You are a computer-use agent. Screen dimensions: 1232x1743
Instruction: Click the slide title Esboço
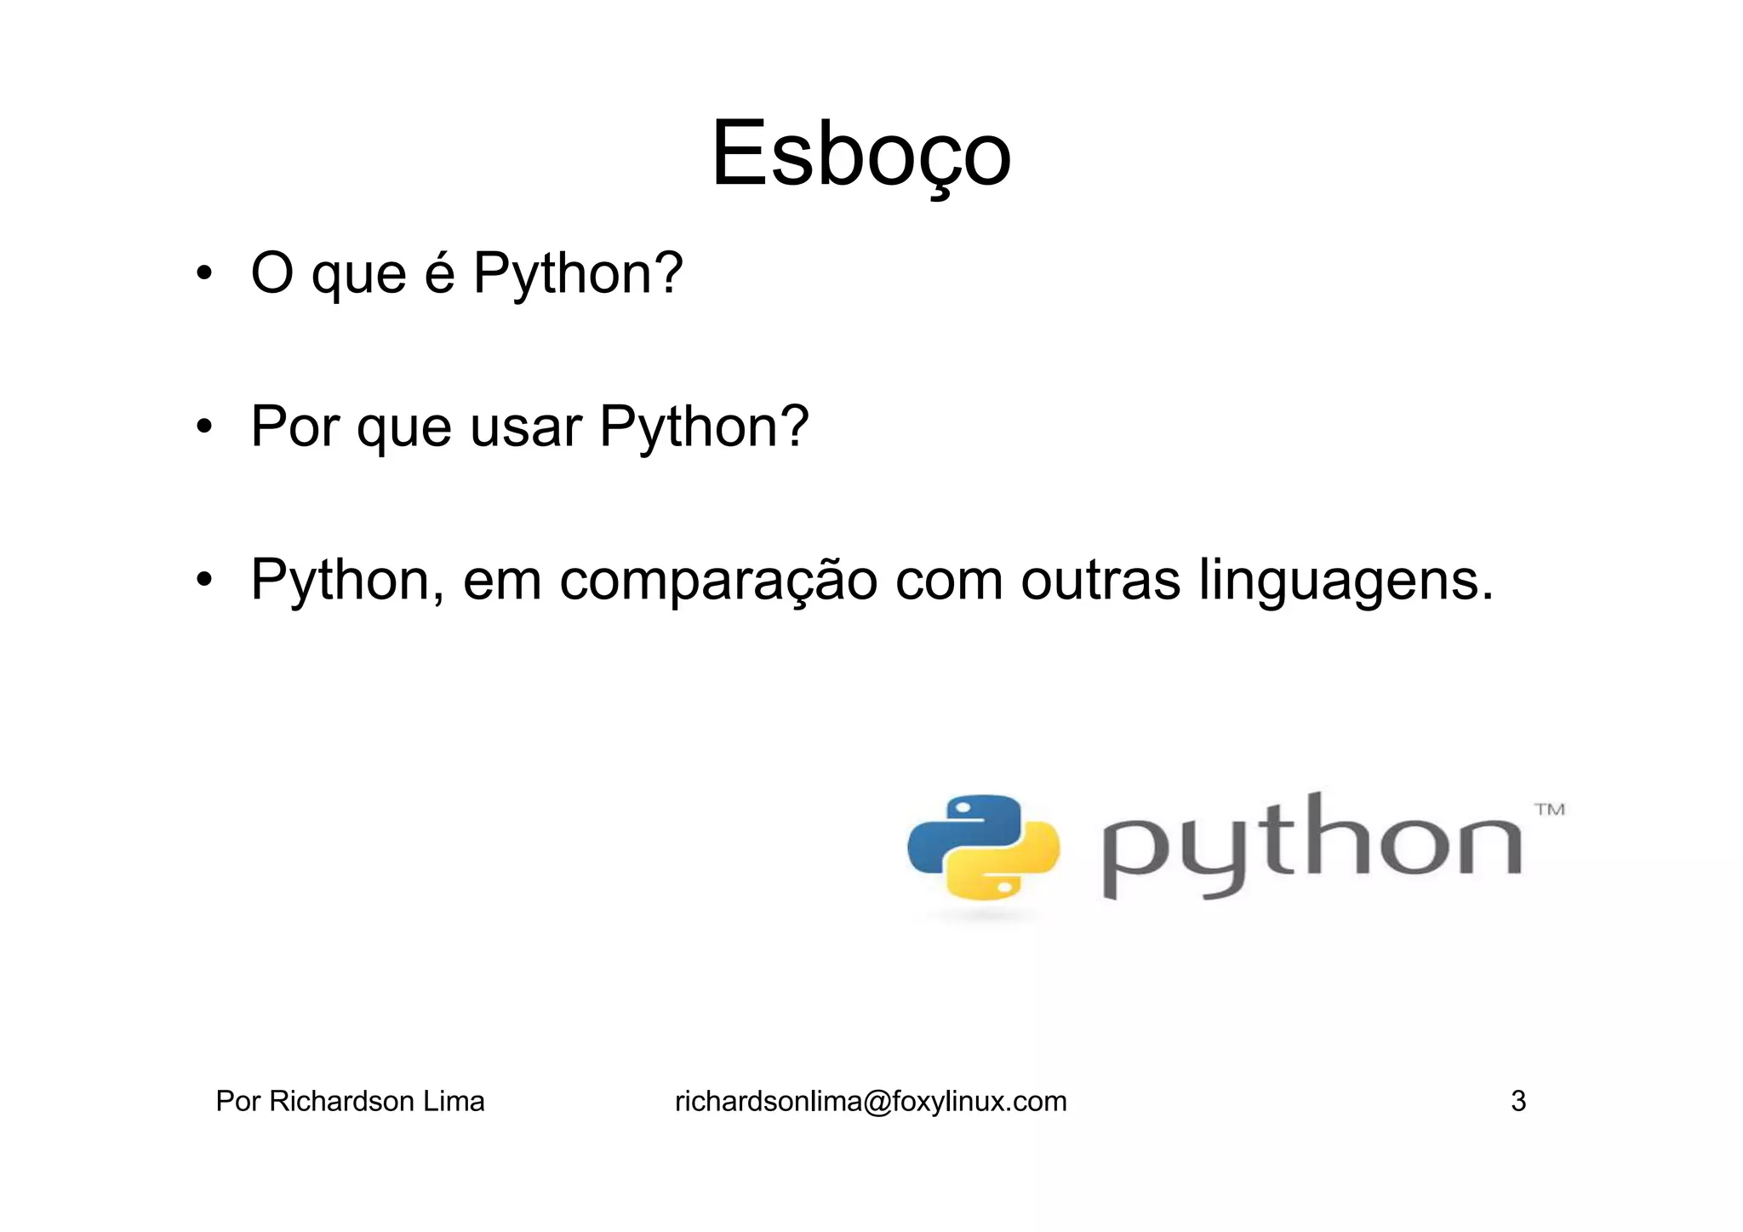tap(860, 155)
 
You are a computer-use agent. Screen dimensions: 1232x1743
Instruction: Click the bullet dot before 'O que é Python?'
tap(203, 274)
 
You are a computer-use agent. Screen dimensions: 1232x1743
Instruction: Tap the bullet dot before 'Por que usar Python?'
tap(203, 427)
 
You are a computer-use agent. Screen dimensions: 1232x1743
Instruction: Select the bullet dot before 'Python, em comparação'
tap(203, 581)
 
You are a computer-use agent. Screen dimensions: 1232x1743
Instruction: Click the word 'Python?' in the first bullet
tap(578, 274)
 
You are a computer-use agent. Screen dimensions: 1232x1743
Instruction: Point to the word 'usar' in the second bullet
tap(526, 427)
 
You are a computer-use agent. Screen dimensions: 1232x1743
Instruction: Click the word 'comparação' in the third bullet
tap(718, 581)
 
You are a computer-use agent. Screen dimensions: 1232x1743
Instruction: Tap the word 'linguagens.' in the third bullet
tap(1346, 581)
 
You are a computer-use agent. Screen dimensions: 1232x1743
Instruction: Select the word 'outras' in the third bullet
tap(1100, 581)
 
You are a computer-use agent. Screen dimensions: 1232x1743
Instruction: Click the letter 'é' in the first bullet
tap(440, 274)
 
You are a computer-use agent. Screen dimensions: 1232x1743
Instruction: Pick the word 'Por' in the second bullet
tap(295, 427)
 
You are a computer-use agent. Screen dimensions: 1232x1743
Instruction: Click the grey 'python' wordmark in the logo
tap(1311, 847)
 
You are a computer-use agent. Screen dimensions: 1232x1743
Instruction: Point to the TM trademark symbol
tap(1550, 810)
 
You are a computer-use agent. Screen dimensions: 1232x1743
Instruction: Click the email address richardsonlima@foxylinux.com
tap(871, 1102)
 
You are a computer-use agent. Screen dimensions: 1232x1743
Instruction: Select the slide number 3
tap(1518, 1102)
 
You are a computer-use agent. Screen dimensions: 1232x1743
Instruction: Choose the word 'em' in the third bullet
tap(502, 581)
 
